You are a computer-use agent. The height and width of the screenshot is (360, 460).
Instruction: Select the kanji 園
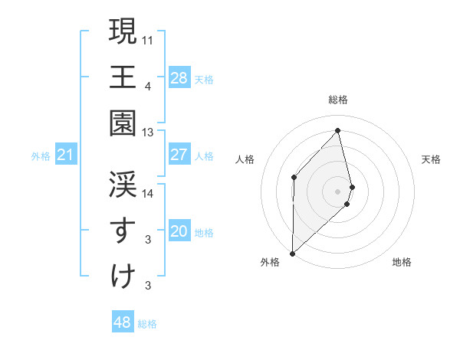[123, 123]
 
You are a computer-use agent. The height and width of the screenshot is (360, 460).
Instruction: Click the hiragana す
[123, 231]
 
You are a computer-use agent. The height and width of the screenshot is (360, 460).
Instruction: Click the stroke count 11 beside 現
[148, 38]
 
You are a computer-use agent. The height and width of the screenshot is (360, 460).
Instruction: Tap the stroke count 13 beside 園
[148, 133]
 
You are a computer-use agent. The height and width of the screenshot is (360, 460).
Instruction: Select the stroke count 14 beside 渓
[148, 194]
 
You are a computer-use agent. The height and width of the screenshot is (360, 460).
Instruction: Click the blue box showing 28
[179, 77]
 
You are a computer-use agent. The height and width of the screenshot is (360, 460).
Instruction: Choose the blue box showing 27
[179, 155]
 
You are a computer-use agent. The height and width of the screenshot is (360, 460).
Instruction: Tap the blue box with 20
[179, 232]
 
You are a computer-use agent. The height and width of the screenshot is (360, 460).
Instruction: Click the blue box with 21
[66, 155]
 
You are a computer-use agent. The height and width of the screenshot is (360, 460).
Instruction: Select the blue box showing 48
[123, 322]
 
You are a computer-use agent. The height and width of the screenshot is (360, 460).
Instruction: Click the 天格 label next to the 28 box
[204, 79]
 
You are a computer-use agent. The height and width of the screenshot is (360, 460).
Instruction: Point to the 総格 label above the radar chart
[338, 100]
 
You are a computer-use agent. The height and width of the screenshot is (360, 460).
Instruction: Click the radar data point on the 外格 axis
[292, 253]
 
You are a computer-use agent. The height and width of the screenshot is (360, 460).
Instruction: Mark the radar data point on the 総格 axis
[338, 130]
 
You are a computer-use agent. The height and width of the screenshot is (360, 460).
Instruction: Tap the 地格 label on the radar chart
[402, 262]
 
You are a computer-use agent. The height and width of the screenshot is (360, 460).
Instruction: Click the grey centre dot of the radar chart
[338, 191]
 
